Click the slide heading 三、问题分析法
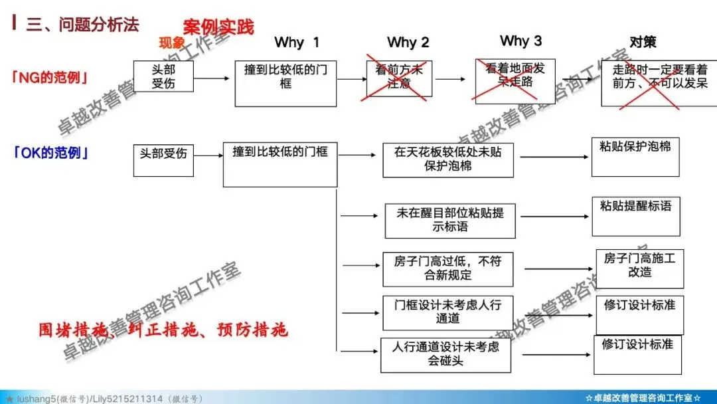[82, 25]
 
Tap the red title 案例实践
[218, 27]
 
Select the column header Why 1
[297, 43]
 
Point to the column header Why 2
[408, 43]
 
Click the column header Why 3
[520, 41]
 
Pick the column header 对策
[642, 42]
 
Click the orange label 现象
[172, 44]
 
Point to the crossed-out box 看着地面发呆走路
[514, 78]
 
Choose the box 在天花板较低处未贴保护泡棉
[448, 159]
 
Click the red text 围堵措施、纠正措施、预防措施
[163, 330]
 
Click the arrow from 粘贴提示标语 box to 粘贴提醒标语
[552, 217]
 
